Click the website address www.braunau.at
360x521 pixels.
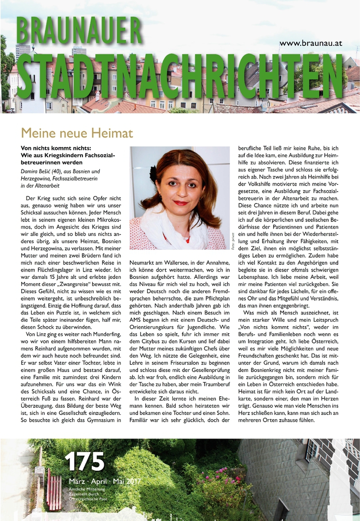310,43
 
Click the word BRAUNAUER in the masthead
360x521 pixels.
80,30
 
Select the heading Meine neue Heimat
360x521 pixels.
77,132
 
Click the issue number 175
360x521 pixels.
84,462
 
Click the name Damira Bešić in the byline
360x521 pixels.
42,171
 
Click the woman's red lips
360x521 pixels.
181,203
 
